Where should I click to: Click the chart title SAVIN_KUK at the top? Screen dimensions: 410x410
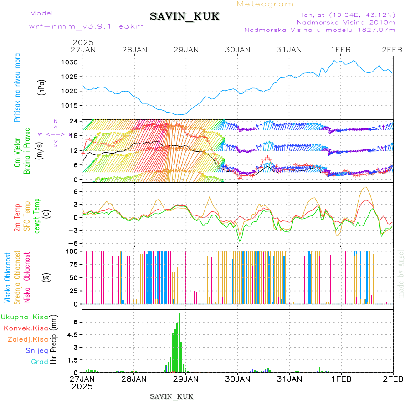click(x=184, y=17)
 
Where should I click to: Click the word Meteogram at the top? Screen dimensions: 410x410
click(x=266, y=4)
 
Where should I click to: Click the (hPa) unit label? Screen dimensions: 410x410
click(x=42, y=87)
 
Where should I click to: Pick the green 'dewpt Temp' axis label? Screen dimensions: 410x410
click(x=37, y=215)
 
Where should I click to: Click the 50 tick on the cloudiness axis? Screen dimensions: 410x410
click(x=72, y=277)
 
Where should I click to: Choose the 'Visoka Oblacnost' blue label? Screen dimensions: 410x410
click(x=8, y=278)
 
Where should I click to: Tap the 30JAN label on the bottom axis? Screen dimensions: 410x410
click(x=236, y=378)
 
